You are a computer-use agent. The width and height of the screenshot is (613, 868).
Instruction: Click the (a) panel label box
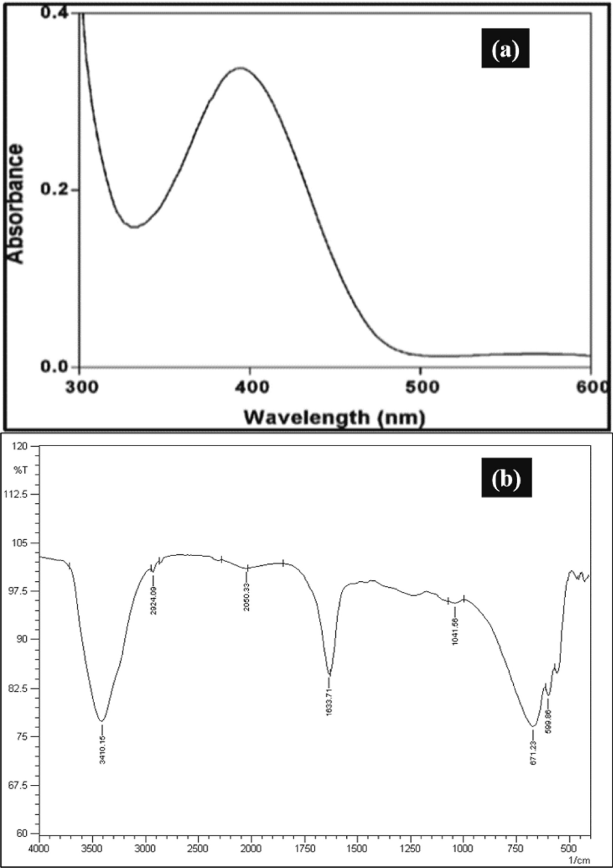pyautogui.click(x=505, y=51)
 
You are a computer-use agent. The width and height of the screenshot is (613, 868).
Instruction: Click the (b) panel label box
pyautogui.click(x=506, y=478)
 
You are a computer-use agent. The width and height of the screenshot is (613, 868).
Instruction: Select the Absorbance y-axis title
pyautogui.click(x=16, y=204)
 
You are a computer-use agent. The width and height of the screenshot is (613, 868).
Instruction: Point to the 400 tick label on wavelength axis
pyautogui.click(x=249, y=387)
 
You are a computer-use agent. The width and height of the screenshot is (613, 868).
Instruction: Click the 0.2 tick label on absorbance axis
pyautogui.click(x=55, y=190)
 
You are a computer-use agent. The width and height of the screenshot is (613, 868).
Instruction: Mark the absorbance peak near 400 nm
pyautogui.click(x=240, y=68)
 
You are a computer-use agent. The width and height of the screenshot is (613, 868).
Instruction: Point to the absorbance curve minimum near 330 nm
pyautogui.click(x=134, y=227)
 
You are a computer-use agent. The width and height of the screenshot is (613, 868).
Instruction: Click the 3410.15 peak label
pyautogui.click(x=102, y=750)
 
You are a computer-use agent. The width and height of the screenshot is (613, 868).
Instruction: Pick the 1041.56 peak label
pyautogui.click(x=455, y=631)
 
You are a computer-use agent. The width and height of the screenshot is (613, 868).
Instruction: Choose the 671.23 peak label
pyautogui.click(x=533, y=752)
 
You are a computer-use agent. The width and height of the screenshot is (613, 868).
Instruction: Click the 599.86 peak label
pyautogui.click(x=548, y=721)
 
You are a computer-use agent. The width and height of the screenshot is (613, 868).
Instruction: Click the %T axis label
pyautogui.click(x=21, y=470)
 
